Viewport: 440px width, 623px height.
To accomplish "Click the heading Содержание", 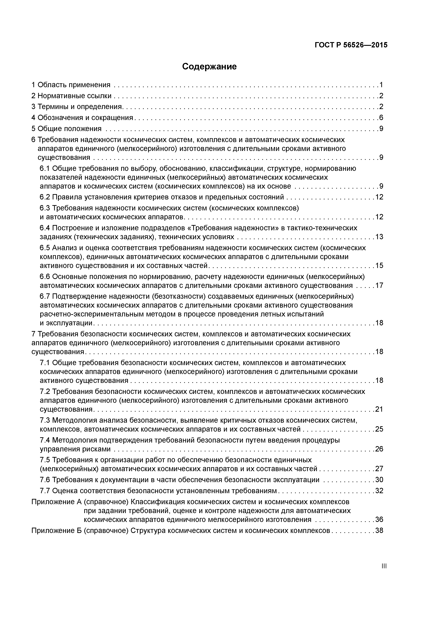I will click(209, 66).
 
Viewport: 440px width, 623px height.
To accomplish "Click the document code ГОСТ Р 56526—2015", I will click(351, 45).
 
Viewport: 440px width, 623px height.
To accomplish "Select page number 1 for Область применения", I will click(381, 85).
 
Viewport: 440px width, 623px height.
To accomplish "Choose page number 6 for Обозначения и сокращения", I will click(381, 118).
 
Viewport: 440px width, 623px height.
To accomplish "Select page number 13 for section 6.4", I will click(379, 237).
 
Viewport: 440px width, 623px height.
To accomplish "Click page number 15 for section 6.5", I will click(379, 265).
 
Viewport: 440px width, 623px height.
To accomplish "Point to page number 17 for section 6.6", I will click(379, 285).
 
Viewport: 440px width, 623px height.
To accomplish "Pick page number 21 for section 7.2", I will click(379, 409).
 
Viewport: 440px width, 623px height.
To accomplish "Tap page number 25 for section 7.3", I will click(379, 429).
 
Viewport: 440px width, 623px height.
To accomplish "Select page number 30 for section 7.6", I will click(379, 480).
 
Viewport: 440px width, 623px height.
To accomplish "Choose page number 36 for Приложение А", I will click(379, 520).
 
